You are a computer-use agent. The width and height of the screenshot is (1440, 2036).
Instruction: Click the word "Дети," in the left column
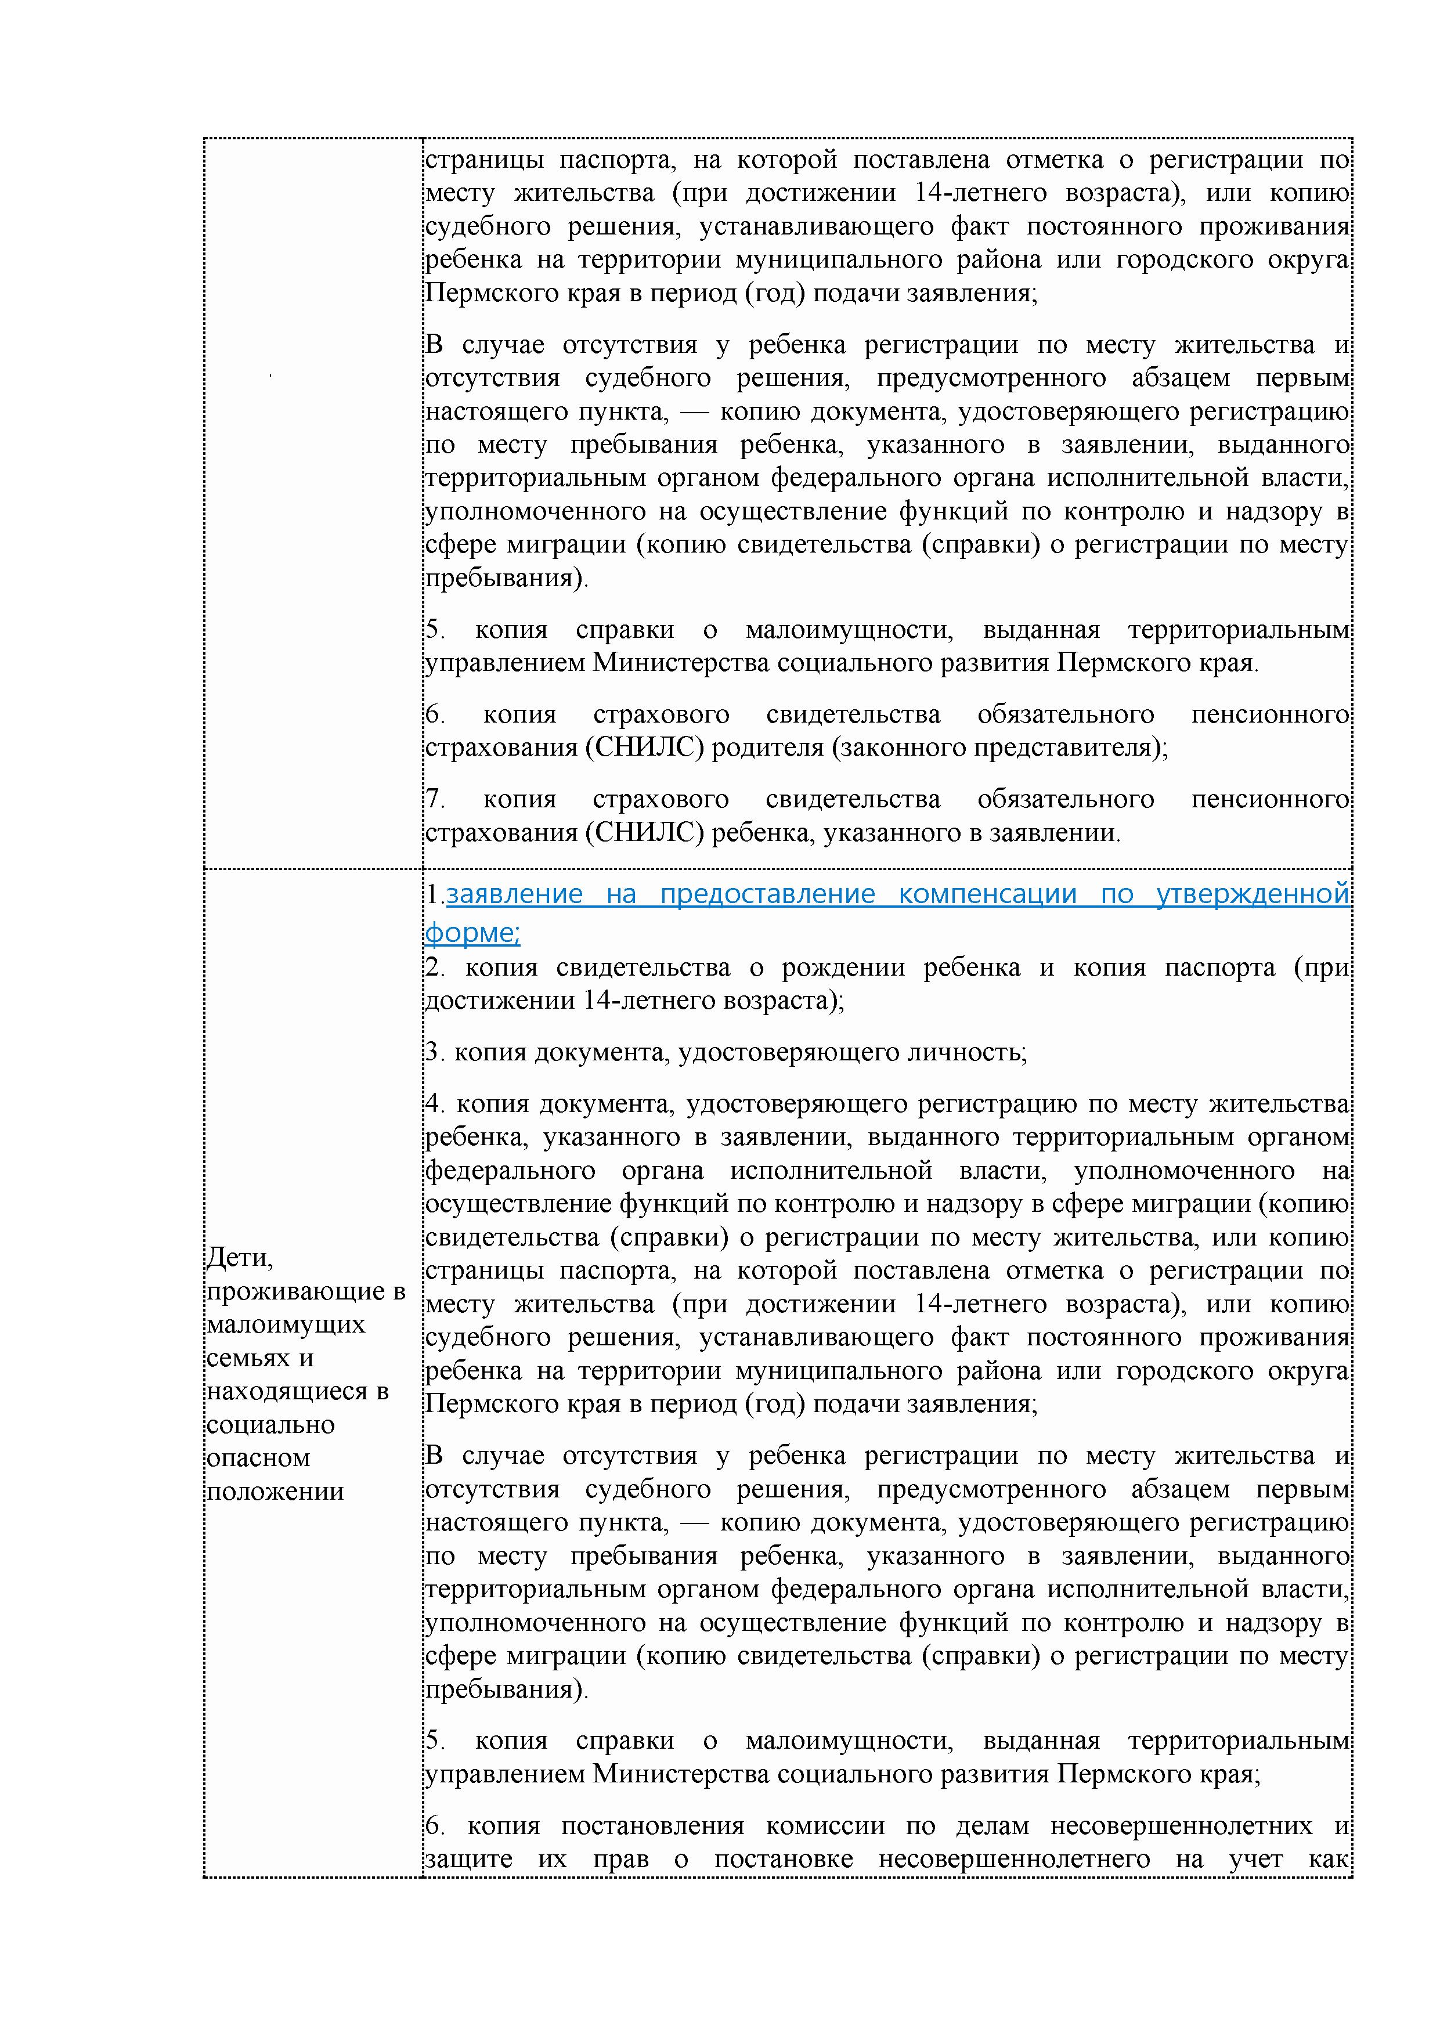(x=239, y=1258)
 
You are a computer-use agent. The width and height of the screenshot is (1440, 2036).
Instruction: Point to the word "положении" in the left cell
(x=275, y=1492)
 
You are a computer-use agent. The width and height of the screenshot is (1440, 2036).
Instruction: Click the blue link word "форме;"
(x=472, y=932)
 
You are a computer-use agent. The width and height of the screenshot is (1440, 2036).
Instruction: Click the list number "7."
(x=435, y=800)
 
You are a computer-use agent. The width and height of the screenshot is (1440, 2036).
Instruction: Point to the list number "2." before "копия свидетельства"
(x=435, y=968)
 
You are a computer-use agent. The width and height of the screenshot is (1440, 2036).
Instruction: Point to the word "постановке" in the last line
(x=784, y=1860)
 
